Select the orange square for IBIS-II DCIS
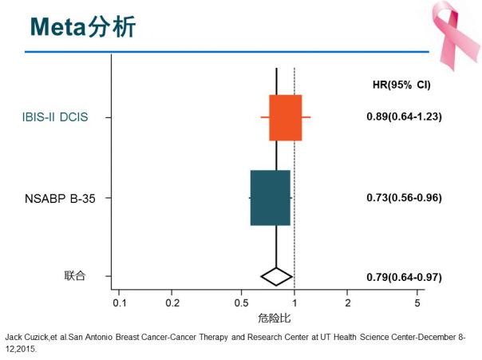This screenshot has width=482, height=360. (285, 117)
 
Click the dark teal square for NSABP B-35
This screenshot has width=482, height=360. (270, 197)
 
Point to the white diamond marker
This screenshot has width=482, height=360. (276, 276)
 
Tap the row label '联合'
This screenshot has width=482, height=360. (74, 276)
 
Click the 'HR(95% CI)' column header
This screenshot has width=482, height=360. (401, 85)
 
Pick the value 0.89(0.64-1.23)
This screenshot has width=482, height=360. (404, 117)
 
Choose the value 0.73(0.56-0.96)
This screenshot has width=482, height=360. (404, 197)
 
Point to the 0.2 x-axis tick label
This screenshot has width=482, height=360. (172, 304)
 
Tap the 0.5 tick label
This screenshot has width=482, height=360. (241, 304)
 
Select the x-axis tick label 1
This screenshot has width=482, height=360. (294, 304)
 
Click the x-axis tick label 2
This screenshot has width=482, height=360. (347, 304)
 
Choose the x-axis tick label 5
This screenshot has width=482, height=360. (417, 304)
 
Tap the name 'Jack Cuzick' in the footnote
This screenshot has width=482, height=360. (27, 337)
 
